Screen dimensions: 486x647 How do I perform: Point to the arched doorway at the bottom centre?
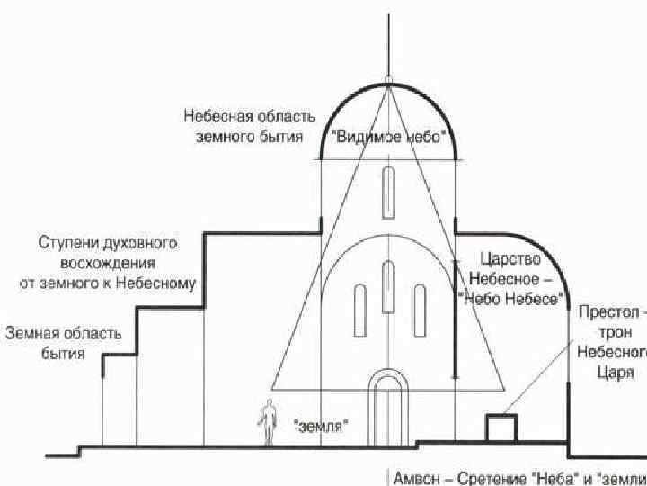(x=388, y=409)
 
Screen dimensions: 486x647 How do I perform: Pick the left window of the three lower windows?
(x=359, y=310)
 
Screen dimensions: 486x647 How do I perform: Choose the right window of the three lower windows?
(x=420, y=310)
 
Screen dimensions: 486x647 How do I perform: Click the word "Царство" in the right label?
(x=510, y=259)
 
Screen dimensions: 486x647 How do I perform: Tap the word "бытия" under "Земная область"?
(x=63, y=354)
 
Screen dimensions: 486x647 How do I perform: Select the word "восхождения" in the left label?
(x=107, y=263)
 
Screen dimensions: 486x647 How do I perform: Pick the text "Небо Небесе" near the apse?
(x=510, y=298)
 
